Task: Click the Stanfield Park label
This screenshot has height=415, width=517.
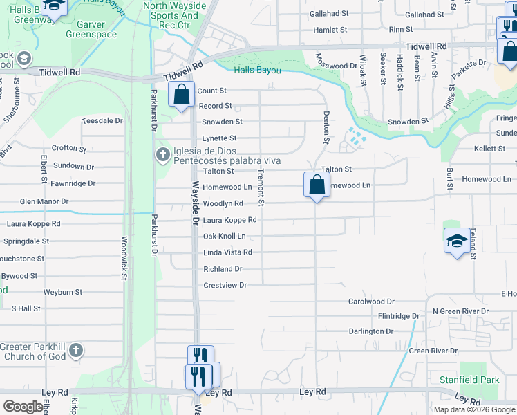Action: [469, 380]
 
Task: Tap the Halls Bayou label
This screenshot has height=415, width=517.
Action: [258, 71]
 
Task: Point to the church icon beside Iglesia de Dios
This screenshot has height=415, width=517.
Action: [162, 154]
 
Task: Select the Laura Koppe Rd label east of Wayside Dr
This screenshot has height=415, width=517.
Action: [229, 220]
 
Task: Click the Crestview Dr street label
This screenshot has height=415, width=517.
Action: [225, 285]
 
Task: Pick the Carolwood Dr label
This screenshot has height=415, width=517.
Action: [370, 302]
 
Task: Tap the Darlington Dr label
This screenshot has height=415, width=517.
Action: [370, 331]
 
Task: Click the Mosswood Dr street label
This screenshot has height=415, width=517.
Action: [335, 66]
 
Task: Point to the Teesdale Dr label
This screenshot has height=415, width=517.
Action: [102, 120]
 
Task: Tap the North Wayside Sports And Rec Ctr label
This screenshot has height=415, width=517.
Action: [174, 15]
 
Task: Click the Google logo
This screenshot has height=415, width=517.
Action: [23, 407]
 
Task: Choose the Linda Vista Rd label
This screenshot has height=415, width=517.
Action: [227, 252]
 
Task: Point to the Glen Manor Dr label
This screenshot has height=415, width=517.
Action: [44, 201]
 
